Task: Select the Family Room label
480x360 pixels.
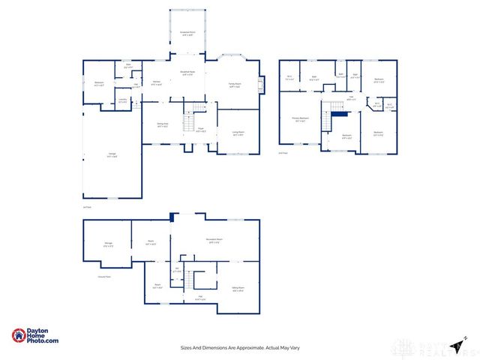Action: [235, 85]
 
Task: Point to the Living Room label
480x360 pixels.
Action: [238, 134]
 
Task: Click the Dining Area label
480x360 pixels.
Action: [163, 125]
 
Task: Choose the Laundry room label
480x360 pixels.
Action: [122, 100]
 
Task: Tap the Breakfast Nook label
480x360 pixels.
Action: [187, 73]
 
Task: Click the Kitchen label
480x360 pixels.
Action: [157, 82]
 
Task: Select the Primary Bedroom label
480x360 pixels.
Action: [299, 118]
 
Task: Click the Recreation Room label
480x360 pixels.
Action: [213, 241]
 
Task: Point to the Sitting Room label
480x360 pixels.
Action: [238, 289]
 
